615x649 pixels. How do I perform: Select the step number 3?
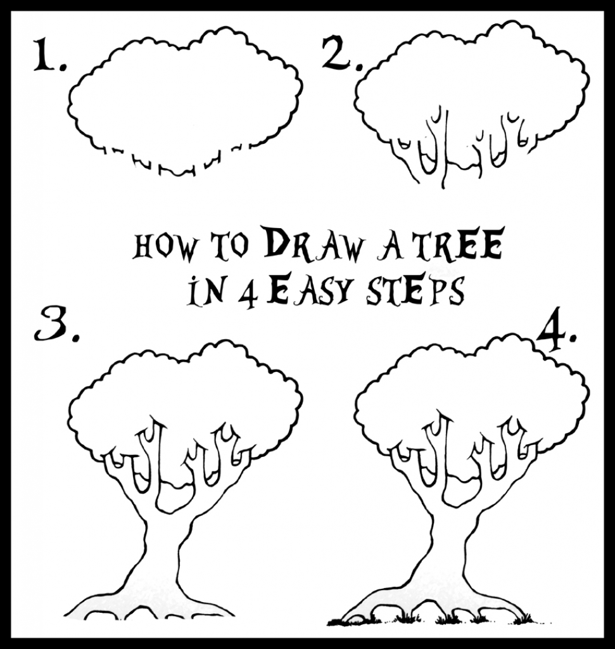pyautogui.click(x=54, y=326)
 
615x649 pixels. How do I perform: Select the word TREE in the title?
pyautogui.click(x=465, y=247)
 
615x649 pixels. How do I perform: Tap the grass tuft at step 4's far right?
pyautogui.click(x=521, y=617)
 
